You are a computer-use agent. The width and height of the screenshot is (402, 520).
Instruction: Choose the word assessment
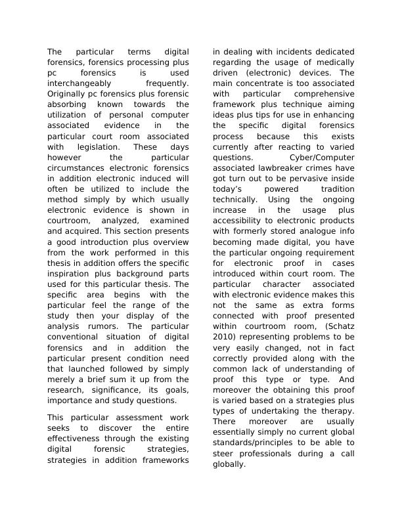tap(122, 418)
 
